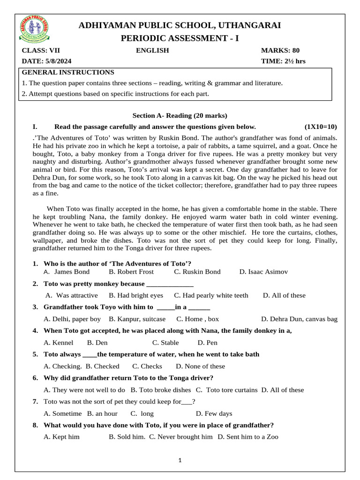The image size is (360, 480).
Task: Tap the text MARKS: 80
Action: (x=280, y=51)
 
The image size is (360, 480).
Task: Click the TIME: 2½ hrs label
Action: (x=283, y=61)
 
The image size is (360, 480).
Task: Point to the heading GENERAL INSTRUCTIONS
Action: (x=68, y=72)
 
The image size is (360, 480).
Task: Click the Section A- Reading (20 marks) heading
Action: (x=180, y=115)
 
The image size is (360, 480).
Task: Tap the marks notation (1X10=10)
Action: (x=321, y=127)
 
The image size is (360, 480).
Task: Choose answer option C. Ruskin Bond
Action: (x=197, y=271)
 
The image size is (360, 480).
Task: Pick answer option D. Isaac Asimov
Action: (x=263, y=271)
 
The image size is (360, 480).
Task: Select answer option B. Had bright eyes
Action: (x=136, y=295)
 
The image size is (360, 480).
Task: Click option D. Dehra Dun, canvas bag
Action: (x=299, y=319)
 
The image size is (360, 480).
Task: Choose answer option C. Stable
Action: (x=166, y=343)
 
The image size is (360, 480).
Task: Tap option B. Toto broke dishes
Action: (x=161, y=390)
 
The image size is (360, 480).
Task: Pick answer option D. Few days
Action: (x=214, y=413)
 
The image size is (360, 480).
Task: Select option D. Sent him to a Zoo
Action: (x=248, y=437)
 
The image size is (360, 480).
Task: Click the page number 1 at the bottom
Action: (x=180, y=460)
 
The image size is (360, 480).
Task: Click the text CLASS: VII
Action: (x=41, y=51)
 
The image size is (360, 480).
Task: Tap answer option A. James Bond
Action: (x=66, y=271)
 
